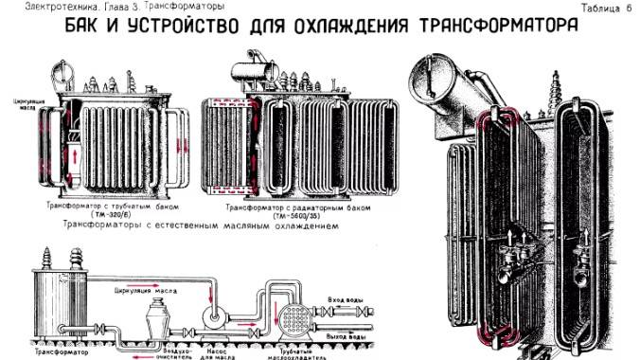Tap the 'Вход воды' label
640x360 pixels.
click(x=347, y=300)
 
